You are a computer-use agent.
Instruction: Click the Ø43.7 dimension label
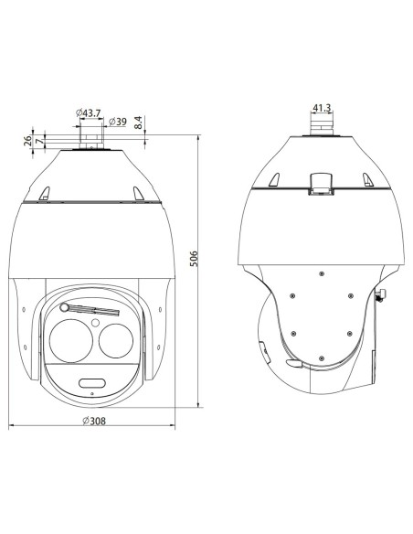click(88, 112)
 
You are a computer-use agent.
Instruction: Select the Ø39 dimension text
click(117, 122)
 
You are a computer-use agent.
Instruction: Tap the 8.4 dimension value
click(138, 122)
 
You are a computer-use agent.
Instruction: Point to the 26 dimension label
click(27, 140)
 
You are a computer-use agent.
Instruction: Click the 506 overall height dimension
click(193, 259)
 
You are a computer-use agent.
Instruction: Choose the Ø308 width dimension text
click(94, 421)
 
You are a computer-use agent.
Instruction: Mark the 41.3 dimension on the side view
click(322, 108)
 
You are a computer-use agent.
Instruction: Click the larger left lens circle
click(71, 340)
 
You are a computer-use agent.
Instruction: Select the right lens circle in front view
click(116, 341)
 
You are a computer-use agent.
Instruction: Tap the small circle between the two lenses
click(95, 322)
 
